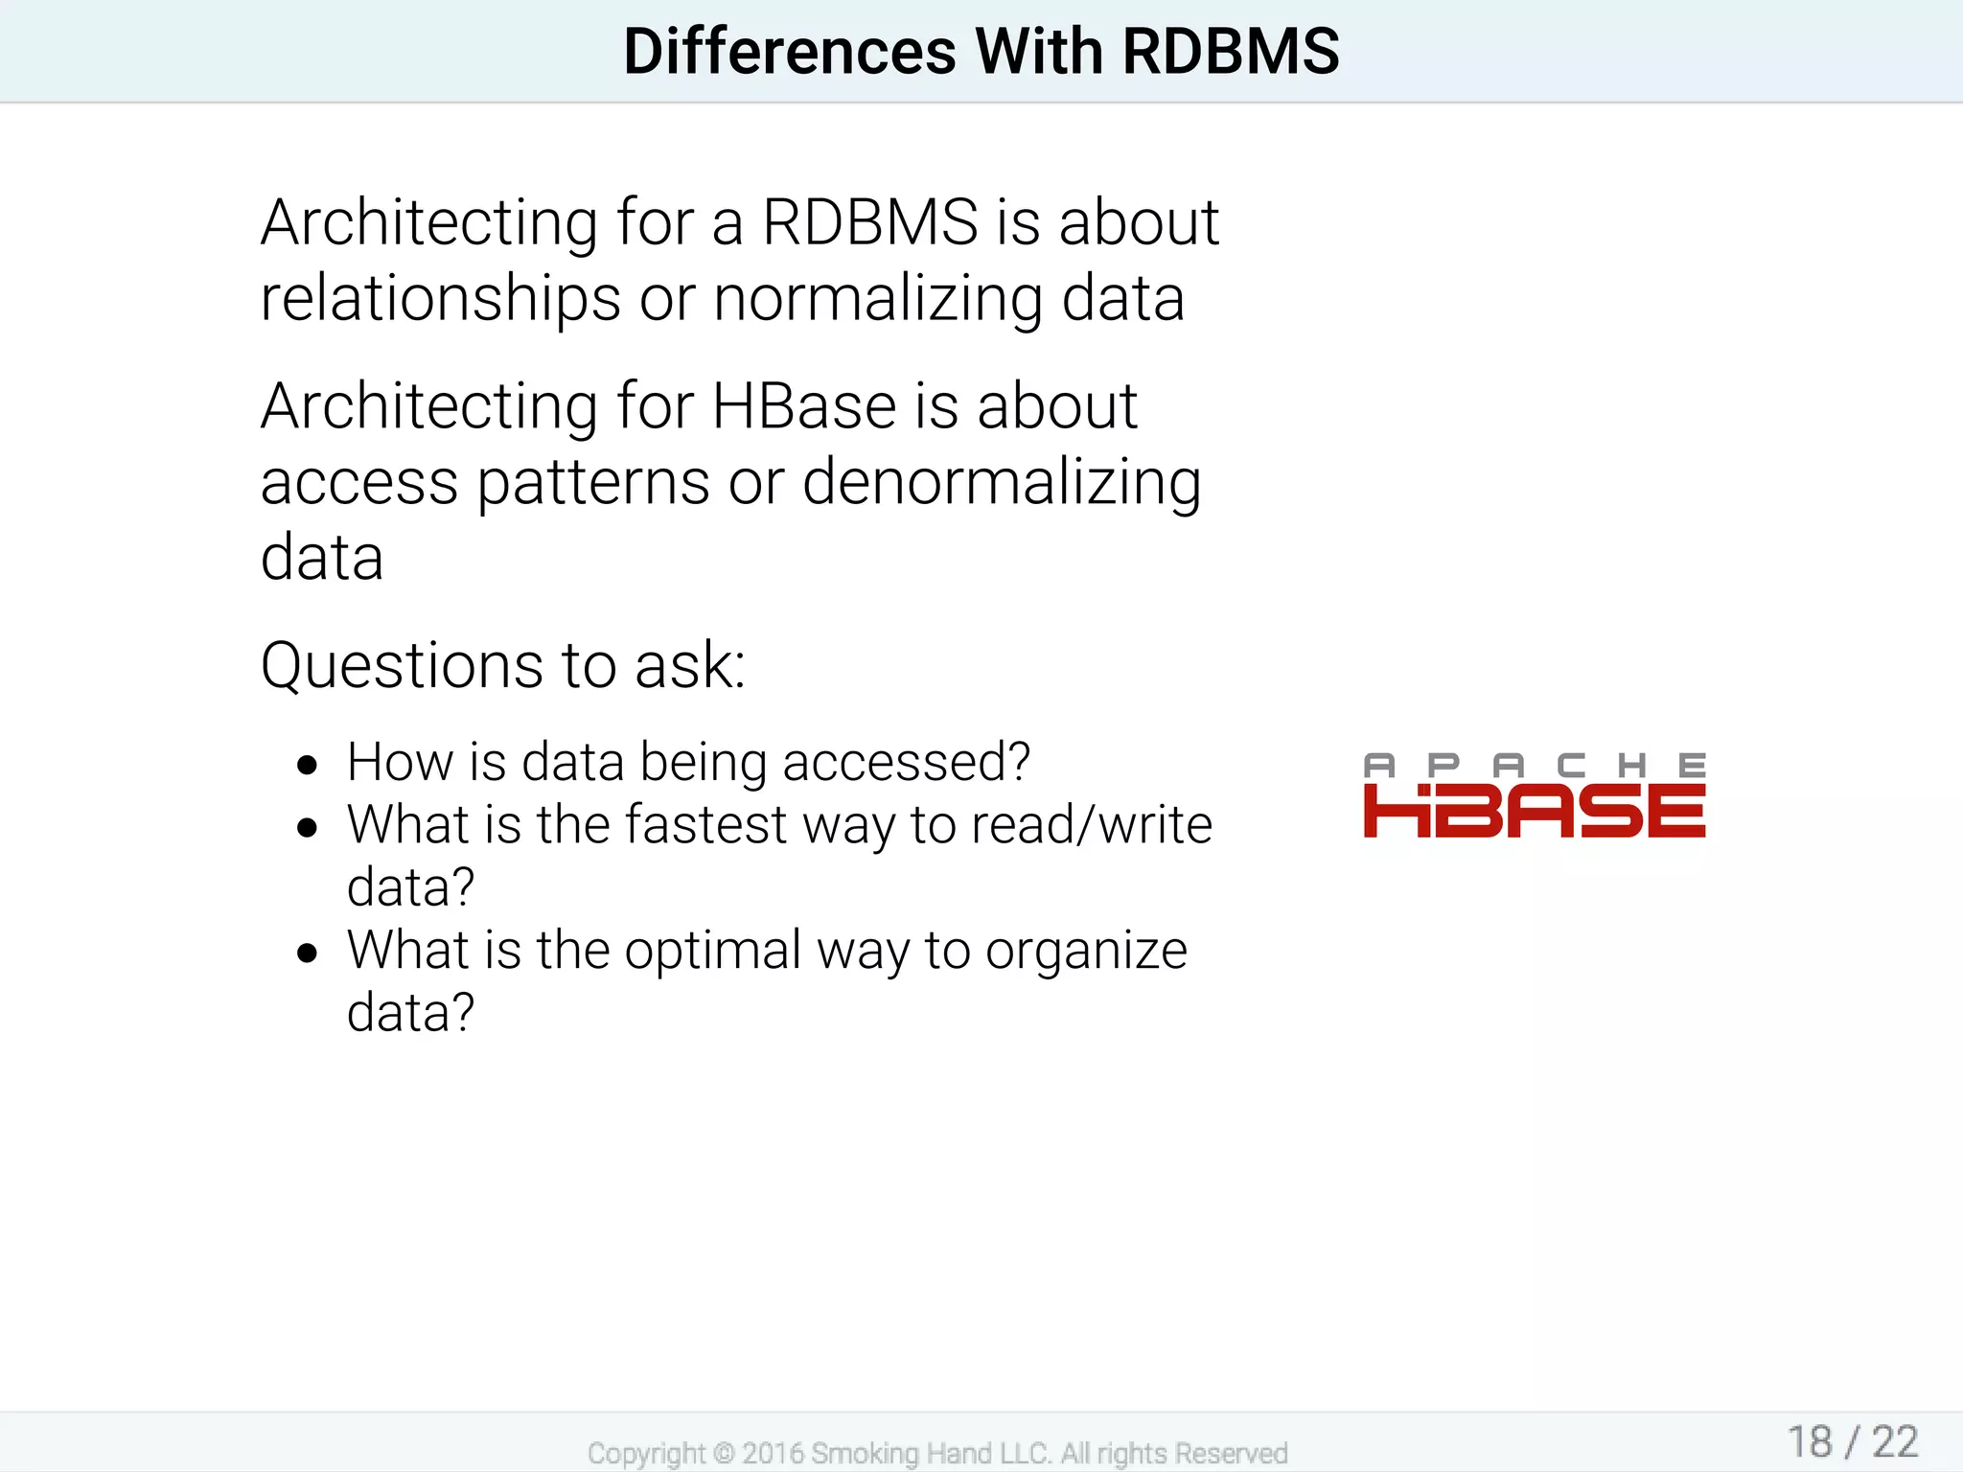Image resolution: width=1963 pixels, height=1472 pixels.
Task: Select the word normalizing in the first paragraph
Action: click(x=877, y=298)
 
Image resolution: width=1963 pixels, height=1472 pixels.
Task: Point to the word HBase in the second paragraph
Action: click(x=803, y=405)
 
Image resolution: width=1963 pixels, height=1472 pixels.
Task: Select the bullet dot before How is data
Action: click(x=307, y=765)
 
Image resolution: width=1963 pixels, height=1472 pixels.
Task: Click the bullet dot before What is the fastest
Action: click(x=307, y=827)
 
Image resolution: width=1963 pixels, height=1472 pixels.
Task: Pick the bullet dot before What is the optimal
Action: click(x=307, y=953)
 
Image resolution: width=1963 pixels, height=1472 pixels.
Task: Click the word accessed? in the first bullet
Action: click(x=906, y=762)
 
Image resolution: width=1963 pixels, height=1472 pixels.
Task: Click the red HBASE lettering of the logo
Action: click(x=1534, y=811)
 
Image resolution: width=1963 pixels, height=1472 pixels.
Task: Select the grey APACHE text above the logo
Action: click(x=1534, y=765)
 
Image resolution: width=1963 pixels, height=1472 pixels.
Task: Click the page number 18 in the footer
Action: click(x=1810, y=1442)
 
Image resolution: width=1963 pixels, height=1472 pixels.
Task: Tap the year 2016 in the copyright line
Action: click(x=772, y=1454)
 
